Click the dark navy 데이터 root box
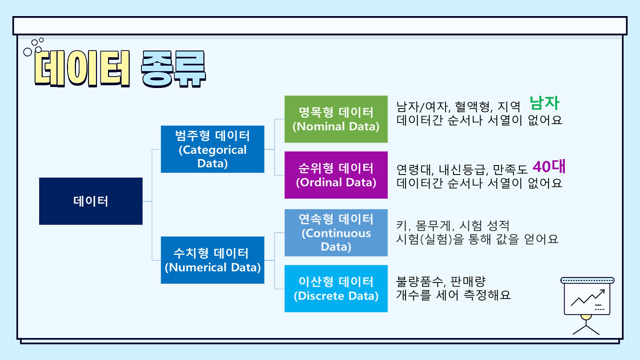coord(91,201)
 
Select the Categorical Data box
coord(212,149)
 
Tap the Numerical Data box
coord(212,260)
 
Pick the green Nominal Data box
coord(336,119)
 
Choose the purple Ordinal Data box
coord(336,175)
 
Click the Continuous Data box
coord(336,232)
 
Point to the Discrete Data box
coord(336,288)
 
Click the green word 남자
coord(544,103)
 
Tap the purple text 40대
coord(549,166)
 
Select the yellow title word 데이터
coord(82,68)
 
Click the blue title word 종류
coord(173,69)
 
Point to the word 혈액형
coord(473,107)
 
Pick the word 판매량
coord(468,282)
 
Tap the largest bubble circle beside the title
coord(27,52)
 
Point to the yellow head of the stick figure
coord(586,317)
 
